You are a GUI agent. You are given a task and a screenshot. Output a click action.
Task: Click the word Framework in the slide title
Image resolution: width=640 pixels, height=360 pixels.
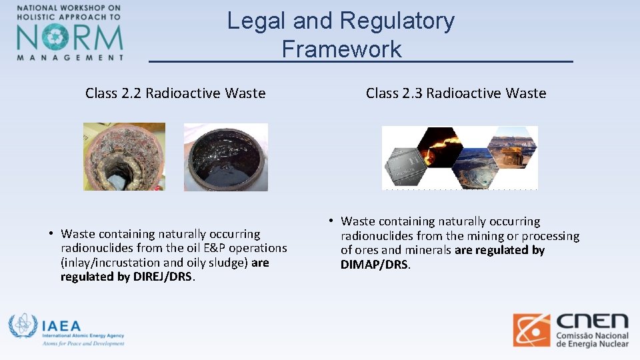(341, 49)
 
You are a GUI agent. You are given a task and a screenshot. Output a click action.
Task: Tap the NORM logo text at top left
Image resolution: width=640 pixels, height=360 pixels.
(70, 37)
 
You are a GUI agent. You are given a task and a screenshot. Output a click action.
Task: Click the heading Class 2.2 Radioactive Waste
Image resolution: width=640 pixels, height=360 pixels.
(175, 93)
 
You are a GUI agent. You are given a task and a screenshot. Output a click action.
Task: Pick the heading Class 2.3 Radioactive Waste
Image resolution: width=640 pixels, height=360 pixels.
(456, 93)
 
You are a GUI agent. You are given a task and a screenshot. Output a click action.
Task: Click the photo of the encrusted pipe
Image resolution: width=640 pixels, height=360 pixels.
(124, 157)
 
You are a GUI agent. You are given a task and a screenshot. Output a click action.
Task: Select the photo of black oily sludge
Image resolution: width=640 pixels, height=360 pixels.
(225, 157)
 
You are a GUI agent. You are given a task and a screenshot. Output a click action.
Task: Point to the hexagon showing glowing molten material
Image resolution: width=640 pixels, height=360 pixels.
(440, 144)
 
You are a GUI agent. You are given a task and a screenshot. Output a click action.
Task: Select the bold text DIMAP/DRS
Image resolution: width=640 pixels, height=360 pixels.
(375, 265)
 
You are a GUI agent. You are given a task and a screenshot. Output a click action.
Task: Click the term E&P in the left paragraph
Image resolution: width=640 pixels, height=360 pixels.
(229, 248)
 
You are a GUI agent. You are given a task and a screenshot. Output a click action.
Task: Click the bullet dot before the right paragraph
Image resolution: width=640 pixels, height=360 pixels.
(330, 221)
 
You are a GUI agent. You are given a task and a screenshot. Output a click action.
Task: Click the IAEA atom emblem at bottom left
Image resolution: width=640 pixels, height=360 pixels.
(23, 326)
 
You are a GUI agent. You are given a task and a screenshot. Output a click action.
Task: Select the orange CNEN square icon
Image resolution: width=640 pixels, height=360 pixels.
(531, 330)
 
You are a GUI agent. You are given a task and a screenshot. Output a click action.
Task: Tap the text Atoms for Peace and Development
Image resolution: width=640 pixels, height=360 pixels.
(83, 343)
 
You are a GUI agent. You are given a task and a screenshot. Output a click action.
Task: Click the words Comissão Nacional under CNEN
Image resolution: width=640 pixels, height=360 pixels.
(593, 335)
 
